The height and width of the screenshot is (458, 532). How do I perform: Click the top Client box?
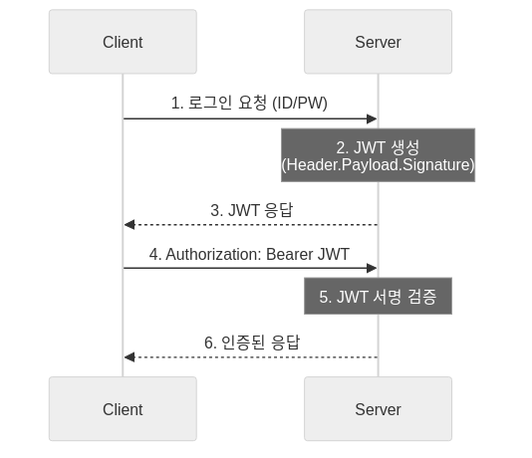(123, 42)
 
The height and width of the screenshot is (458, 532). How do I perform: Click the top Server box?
(378, 42)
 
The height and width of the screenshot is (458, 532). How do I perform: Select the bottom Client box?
(123, 409)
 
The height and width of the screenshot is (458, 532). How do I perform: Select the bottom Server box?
(378, 409)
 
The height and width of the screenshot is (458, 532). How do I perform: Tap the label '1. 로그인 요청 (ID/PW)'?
(249, 104)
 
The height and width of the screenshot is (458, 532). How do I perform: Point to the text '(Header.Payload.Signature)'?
(378, 164)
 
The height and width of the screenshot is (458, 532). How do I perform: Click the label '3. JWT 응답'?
(251, 210)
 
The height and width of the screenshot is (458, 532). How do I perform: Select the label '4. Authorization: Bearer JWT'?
(249, 253)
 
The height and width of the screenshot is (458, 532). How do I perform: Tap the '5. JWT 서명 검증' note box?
(378, 297)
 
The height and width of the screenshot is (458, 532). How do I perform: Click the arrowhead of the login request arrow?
(373, 118)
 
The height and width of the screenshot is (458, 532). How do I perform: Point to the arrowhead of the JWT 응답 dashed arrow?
(129, 225)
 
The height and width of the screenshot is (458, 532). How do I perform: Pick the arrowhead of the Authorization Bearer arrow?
(373, 268)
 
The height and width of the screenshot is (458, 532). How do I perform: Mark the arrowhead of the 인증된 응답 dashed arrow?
(129, 356)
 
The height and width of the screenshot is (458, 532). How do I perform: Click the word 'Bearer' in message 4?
(288, 253)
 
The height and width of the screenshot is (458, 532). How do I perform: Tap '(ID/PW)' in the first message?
(300, 104)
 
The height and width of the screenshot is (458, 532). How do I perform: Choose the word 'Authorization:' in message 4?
(212, 253)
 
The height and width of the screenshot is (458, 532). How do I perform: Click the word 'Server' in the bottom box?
(378, 409)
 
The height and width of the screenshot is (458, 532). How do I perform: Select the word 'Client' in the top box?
(123, 42)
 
